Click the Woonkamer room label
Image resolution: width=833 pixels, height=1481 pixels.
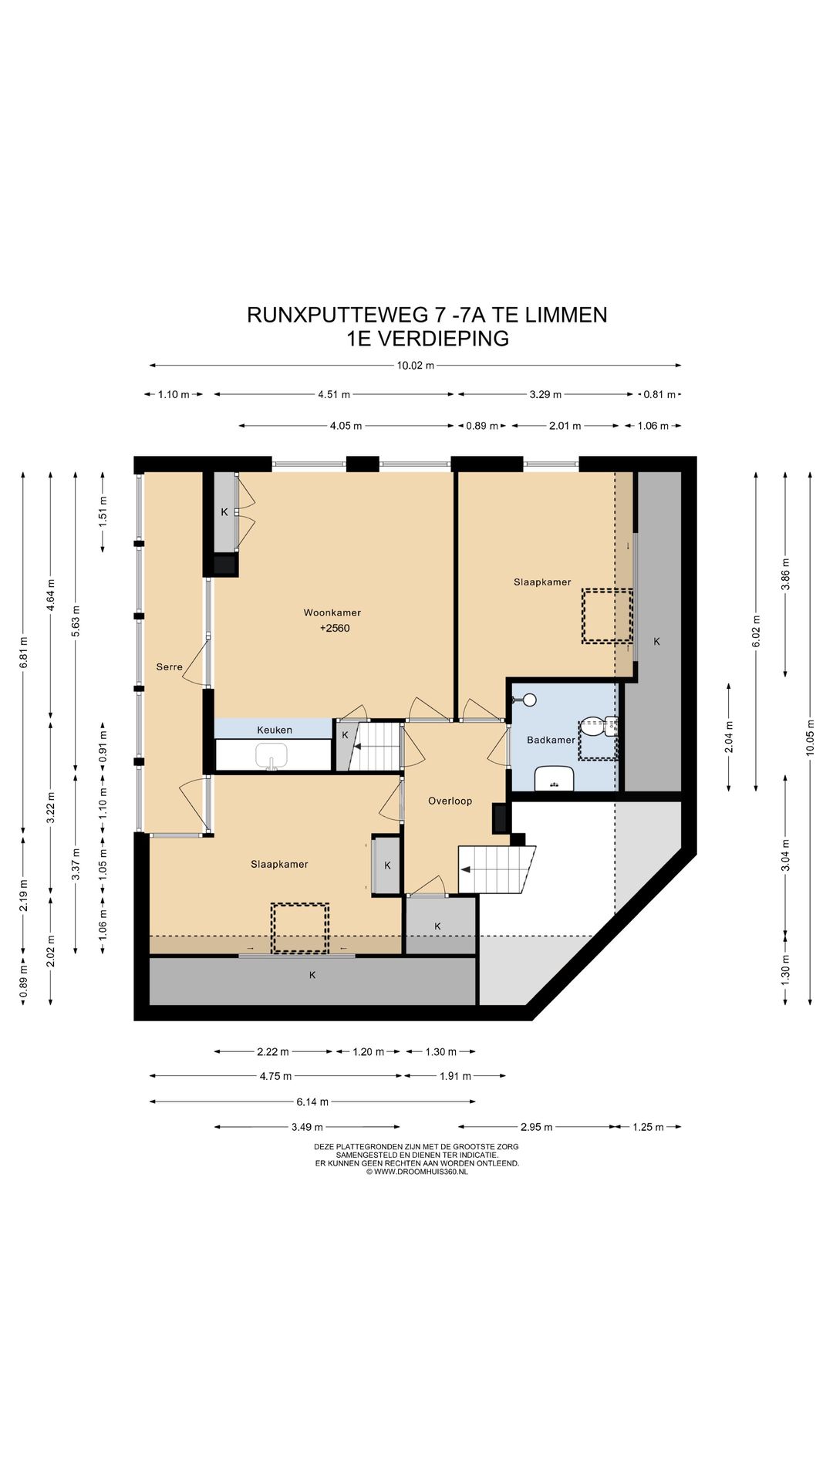(x=332, y=612)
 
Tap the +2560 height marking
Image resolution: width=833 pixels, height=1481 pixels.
(x=335, y=628)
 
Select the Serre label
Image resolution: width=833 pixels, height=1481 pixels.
(x=169, y=667)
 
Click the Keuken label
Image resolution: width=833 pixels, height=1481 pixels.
(x=275, y=730)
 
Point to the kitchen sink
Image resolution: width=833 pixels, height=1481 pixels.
(x=271, y=756)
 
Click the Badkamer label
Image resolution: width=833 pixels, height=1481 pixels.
(x=551, y=740)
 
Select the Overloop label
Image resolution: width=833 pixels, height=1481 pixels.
(x=450, y=801)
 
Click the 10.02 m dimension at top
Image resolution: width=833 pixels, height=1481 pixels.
(x=416, y=366)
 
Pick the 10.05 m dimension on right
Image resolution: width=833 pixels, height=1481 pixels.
(x=810, y=737)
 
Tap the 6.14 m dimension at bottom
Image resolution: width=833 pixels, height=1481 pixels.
(x=312, y=1101)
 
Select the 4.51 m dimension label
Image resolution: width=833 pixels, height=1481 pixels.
(x=334, y=394)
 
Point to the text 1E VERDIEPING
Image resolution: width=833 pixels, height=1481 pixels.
(x=427, y=339)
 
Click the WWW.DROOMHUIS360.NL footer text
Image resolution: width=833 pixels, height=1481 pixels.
(x=421, y=1172)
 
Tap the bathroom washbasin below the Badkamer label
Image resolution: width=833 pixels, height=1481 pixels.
(x=555, y=778)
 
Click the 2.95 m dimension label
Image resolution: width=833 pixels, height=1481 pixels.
(x=536, y=1127)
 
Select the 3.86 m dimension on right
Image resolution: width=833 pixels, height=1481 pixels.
(x=785, y=574)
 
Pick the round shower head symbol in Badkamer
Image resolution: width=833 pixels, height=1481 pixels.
(x=528, y=700)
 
